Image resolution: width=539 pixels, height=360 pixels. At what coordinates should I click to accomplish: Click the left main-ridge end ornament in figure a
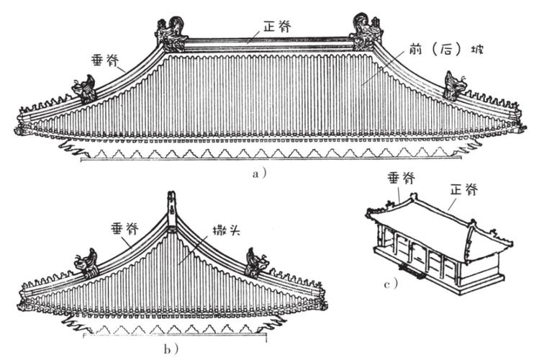(x=171, y=34)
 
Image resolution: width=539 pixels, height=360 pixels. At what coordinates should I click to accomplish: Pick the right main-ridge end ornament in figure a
(x=366, y=33)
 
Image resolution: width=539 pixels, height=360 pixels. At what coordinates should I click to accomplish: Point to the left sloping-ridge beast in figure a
(x=83, y=89)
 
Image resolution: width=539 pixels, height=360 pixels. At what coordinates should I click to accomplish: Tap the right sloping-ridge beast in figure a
(x=456, y=87)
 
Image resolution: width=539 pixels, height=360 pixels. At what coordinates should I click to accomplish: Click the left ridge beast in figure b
(x=87, y=264)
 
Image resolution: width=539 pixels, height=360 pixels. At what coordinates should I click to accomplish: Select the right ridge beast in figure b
(x=256, y=262)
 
